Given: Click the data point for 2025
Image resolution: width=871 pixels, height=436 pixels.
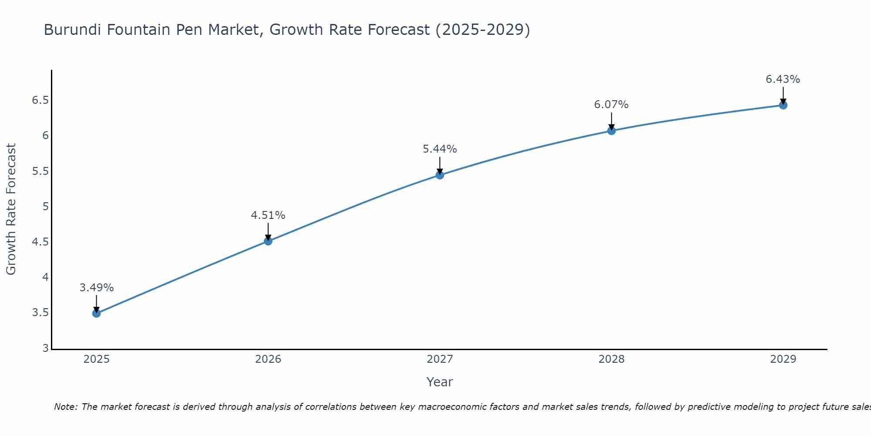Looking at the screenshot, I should click(97, 313).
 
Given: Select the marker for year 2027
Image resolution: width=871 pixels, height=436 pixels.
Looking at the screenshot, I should click(440, 175).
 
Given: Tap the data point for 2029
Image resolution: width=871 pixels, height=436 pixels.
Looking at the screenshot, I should click(783, 105).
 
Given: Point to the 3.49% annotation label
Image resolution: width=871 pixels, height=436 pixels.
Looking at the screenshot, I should click(97, 288).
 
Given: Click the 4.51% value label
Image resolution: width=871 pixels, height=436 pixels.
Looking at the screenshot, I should click(268, 215).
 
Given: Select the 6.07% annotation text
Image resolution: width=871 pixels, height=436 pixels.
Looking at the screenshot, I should click(611, 105).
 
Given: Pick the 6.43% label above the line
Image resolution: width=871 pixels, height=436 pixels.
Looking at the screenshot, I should click(783, 79).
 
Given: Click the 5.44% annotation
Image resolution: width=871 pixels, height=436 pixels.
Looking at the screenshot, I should click(440, 149).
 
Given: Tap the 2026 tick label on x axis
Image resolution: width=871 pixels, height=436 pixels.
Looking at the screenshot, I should click(268, 359).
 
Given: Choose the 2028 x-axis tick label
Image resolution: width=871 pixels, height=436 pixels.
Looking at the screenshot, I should click(611, 359).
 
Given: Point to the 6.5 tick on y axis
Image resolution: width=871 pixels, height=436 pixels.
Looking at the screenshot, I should click(40, 100).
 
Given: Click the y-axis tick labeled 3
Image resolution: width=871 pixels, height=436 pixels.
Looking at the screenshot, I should click(45, 348).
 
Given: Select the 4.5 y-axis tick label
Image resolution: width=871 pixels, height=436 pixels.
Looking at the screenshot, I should click(40, 242).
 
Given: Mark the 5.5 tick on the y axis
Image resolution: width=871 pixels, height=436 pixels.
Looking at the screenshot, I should click(40, 171).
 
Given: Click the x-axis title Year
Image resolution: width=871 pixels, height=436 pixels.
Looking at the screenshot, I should click(440, 382).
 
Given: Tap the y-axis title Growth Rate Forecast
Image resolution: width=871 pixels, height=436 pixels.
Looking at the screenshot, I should click(11, 209).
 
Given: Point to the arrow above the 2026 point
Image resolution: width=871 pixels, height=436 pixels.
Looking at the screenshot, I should click(268, 231).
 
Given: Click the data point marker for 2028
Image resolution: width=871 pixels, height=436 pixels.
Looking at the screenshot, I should click(611, 130).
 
